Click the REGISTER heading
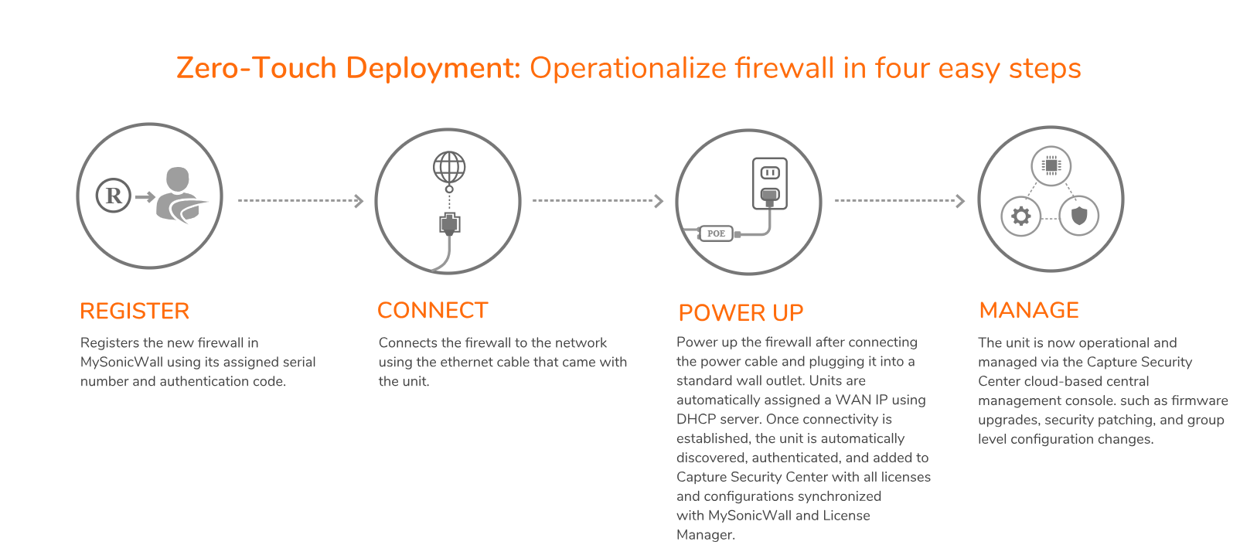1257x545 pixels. (x=135, y=311)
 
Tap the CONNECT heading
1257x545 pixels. (x=432, y=310)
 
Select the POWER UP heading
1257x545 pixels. (x=741, y=312)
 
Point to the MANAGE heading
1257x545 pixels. (x=1028, y=310)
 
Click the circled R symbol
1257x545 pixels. (x=114, y=196)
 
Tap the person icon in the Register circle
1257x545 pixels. (x=180, y=195)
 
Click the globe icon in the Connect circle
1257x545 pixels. (x=449, y=167)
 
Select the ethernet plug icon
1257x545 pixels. (x=449, y=224)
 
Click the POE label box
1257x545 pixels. (x=716, y=233)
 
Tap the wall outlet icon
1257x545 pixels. (x=770, y=183)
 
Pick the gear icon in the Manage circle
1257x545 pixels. (x=1021, y=216)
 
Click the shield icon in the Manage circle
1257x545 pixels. (x=1079, y=216)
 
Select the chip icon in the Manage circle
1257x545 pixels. (x=1051, y=165)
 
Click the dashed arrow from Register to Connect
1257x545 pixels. (x=300, y=201)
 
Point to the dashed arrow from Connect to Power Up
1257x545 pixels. (x=598, y=201)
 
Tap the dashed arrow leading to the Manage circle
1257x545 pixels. (x=899, y=201)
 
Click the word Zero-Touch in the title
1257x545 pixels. (x=257, y=68)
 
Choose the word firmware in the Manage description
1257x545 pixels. (x=1199, y=400)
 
